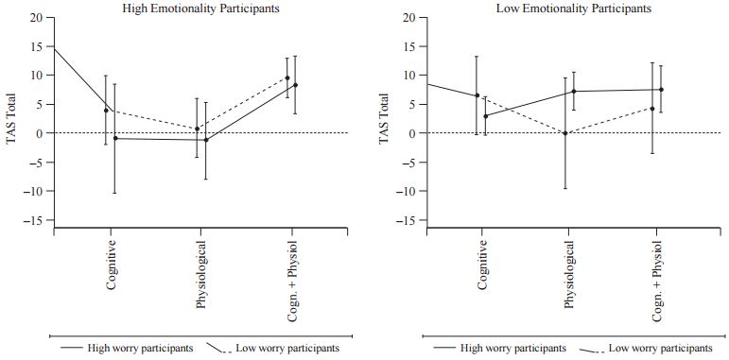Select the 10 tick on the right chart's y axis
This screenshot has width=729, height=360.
pos(408,75)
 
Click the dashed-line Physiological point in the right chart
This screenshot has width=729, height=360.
pos(565,133)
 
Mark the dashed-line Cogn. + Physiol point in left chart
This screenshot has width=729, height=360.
pos(287,77)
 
